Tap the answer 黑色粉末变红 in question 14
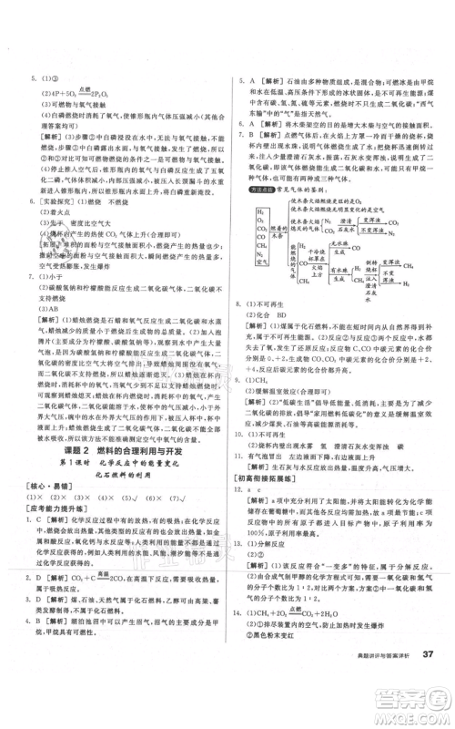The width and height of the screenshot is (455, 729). point(291,659)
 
